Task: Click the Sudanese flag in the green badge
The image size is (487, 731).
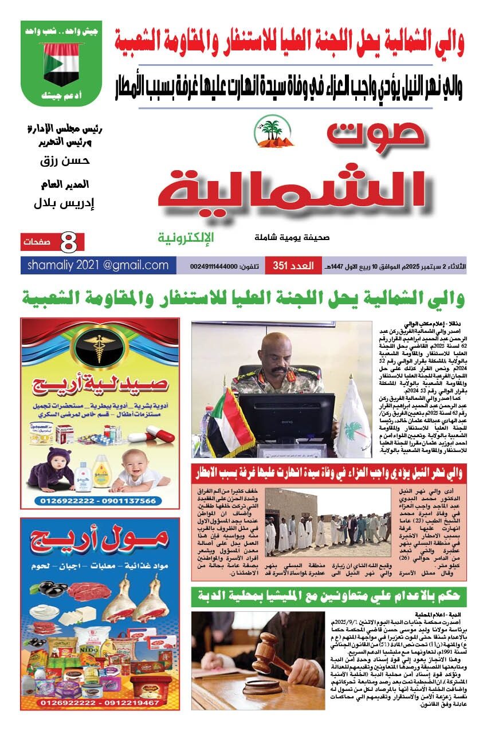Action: point(61,64)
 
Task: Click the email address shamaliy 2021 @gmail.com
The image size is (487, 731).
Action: point(95,265)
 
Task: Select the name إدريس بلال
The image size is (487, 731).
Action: point(65,203)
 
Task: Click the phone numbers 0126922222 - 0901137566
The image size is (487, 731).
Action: point(99,500)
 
